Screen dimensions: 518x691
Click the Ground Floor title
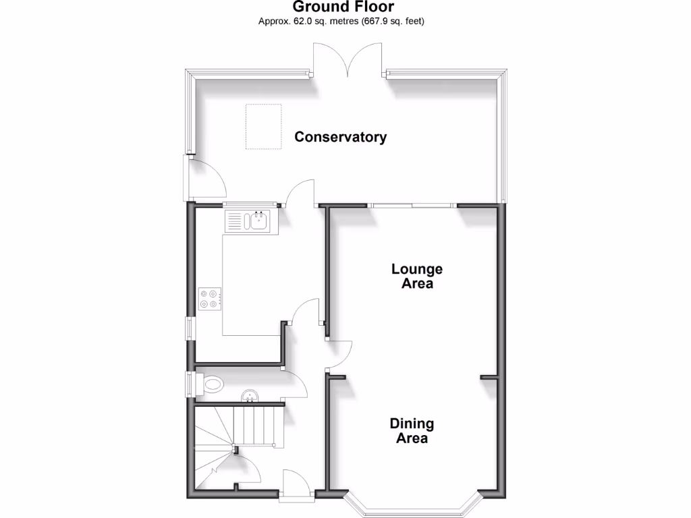(x=343, y=7)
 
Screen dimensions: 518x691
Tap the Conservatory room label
(x=341, y=137)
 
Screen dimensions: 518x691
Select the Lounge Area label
(x=417, y=276)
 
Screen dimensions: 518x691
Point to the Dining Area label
(x=412, y=430)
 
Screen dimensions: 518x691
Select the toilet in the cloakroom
(x=211, y=384)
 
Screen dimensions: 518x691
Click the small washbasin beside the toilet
(x=250, y=395)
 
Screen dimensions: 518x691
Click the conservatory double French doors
(x=349, y=61)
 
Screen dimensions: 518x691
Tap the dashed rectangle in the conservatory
(x=263, y=126)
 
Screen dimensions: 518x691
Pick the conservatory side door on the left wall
(x=202, y=177)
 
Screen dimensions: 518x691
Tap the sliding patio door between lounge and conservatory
(x=413, y=205)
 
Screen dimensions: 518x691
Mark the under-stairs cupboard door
(x=244, y=464)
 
